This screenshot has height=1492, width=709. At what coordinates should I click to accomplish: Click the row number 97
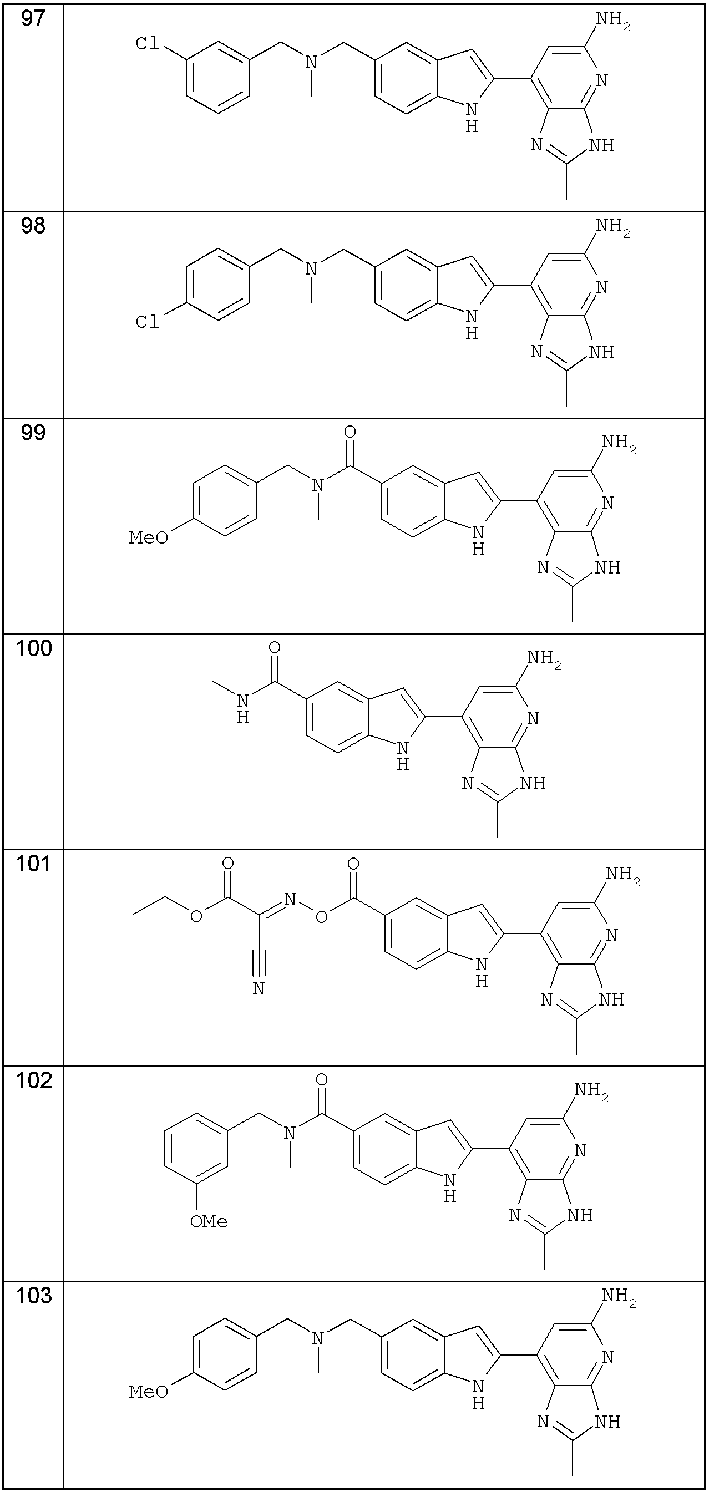(x=33, y=19)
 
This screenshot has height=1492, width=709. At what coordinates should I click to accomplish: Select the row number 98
(x=33, y=226)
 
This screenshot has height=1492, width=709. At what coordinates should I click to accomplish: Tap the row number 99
(x=33, y=433)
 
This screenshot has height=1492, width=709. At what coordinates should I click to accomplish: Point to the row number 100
(x=34, y=648)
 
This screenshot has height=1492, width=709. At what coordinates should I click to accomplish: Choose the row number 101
(x=34, y=864)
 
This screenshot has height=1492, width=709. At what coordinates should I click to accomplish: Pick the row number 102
(x=34, y=1080)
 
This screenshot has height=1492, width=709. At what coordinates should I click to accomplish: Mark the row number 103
(x=34, y=1295)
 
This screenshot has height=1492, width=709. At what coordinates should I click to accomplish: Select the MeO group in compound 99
(x=148, y=538)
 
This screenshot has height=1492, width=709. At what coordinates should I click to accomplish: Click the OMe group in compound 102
(x=209, y=1221)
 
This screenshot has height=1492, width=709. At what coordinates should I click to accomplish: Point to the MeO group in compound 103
(x=148, y=1391)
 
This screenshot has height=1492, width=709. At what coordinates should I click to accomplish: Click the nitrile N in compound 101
(x=259, y=988)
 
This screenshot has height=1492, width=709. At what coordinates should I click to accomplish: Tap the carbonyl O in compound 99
(x=350, y=432)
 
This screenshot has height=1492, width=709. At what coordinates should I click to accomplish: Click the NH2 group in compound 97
(x=613, y=21)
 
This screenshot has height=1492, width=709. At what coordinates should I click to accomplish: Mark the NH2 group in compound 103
(x=619, y=1296)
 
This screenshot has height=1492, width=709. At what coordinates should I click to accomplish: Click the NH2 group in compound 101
(x=622, y=875)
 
